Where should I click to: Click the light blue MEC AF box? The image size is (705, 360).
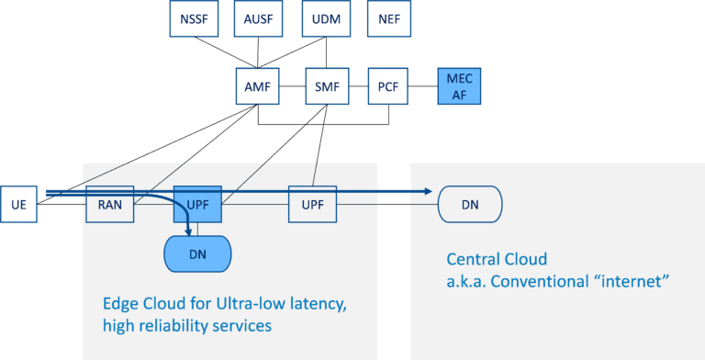coord(459,88)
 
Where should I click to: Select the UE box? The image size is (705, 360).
coord(18,204)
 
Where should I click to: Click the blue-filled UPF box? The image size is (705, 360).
coord(197,204)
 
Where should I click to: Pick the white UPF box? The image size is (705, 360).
coord(312,203)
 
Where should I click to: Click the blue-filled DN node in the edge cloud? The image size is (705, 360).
coord(196,253)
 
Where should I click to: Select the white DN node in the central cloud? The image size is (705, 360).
coord(471,203)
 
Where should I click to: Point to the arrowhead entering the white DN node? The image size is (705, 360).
coord(427,192)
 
